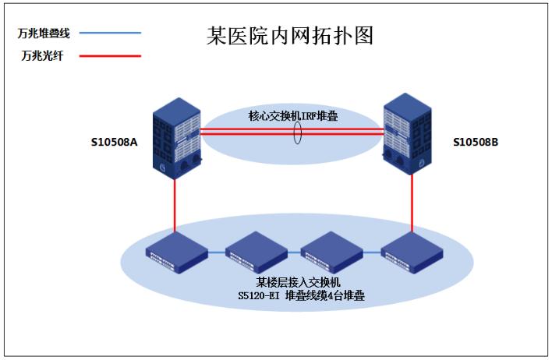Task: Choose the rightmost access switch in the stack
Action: click(410, 252)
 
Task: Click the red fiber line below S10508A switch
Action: click(176, 206)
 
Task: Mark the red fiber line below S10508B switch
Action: click(412, 204)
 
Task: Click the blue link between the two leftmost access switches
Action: click(215, 252)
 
